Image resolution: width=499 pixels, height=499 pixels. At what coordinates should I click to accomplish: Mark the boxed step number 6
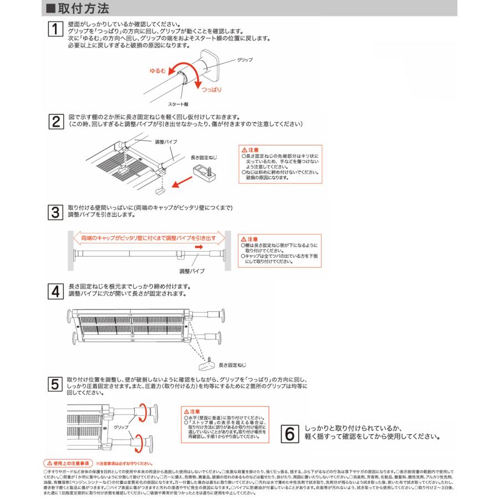pos(289,432)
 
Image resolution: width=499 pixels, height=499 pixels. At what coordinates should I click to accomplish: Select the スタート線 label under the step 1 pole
pos(178,104)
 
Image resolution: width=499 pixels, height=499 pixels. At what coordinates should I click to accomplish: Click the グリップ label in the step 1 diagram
pos(245,59)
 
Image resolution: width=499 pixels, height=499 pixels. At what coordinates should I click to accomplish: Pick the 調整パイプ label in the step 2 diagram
pos(166,142)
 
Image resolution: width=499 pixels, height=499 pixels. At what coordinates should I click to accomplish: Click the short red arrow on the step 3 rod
pos(199,248)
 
